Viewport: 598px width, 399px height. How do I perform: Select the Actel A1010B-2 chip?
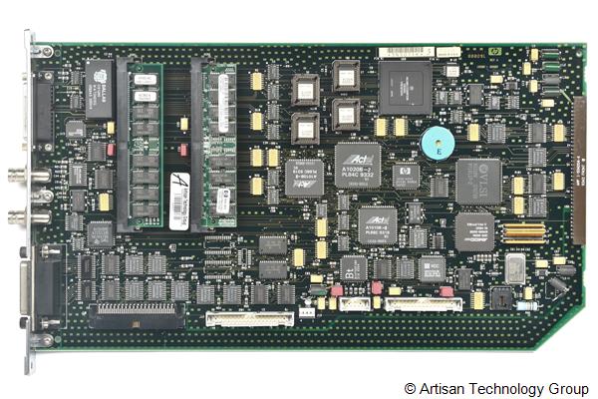point(377,225)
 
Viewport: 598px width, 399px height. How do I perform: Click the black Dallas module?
point(98,88)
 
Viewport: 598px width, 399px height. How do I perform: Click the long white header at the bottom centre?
point(249,318)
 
